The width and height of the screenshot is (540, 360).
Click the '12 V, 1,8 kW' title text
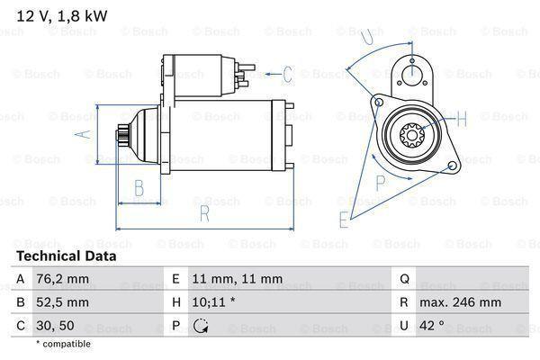[62, 16]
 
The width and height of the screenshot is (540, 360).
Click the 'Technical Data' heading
[67, 256]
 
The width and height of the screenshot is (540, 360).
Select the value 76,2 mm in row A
[62, 279]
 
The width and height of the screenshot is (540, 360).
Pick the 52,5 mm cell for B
[62, 302]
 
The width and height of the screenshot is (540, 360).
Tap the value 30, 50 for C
[55, 326]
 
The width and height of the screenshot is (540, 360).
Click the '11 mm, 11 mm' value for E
[238, 279]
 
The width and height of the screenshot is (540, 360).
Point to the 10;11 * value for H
[213, 302]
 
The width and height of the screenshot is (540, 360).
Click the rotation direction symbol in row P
[201, 326]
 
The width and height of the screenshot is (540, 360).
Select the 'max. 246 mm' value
[460, 302]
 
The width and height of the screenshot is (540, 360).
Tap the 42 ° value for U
[431, 325]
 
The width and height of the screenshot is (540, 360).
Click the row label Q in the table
[404, 279]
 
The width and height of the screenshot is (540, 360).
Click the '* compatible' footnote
[63, 344]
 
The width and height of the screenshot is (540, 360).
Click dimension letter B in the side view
[139, 188]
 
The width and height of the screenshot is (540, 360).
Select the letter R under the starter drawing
[204, 213]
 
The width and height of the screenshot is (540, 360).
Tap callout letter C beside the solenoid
[288, 74]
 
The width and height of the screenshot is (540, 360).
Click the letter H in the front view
[461, 118]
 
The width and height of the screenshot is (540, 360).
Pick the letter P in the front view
[380, 183]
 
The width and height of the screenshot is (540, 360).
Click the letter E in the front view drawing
[344, 220]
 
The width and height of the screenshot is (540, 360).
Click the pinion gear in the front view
[412, 135]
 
